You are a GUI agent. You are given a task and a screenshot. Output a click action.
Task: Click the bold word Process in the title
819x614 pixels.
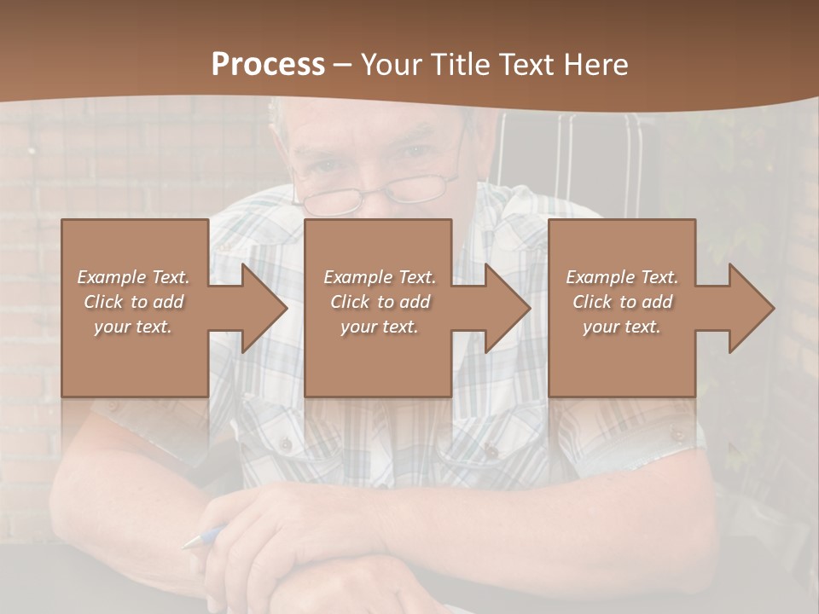[268, 64]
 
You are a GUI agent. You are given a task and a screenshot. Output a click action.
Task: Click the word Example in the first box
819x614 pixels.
[111, 277]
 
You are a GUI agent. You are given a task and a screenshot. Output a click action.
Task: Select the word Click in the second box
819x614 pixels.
[350, 302]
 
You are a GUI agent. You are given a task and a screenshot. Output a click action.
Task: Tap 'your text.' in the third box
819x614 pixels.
[621, 327]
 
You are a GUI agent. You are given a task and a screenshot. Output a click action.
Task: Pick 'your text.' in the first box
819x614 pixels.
[133, 327]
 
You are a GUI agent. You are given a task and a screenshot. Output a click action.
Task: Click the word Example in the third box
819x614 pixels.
[600, 277]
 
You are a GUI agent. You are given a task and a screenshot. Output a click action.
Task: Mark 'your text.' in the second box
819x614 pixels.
[379, 327]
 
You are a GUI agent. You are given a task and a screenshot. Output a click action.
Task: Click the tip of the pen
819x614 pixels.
[187, 543]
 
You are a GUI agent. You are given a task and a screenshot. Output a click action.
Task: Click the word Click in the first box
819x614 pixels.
[103, 302]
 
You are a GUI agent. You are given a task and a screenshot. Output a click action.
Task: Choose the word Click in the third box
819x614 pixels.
[592, 302]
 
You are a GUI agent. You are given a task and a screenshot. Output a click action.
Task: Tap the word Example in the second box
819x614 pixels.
[357, 277]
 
